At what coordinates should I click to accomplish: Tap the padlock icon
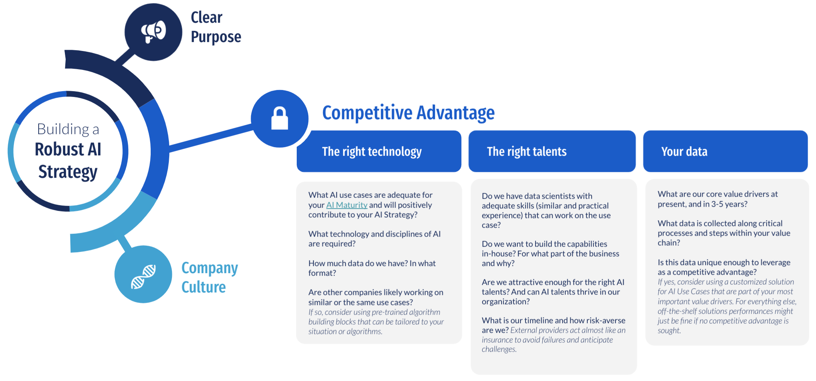(280, 118)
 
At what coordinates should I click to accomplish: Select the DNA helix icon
(143, 277)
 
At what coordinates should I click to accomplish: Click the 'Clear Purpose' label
(216, 27)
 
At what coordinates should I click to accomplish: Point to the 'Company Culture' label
(210, 277)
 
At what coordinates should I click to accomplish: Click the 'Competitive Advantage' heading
(408, 113)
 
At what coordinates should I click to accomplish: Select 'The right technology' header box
(379, 151)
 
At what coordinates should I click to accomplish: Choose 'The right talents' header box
(552, 151)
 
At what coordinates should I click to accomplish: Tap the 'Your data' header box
(726, 151)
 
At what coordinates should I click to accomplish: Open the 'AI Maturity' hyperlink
(347, 205)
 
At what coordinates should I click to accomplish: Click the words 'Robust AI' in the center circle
(68, 150)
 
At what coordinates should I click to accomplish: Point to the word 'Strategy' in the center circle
(68, 172)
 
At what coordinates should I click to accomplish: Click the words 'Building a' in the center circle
(68, 129)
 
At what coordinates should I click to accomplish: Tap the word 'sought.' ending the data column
(670, 331)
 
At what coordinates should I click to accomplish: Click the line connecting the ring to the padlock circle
(211, 138)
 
